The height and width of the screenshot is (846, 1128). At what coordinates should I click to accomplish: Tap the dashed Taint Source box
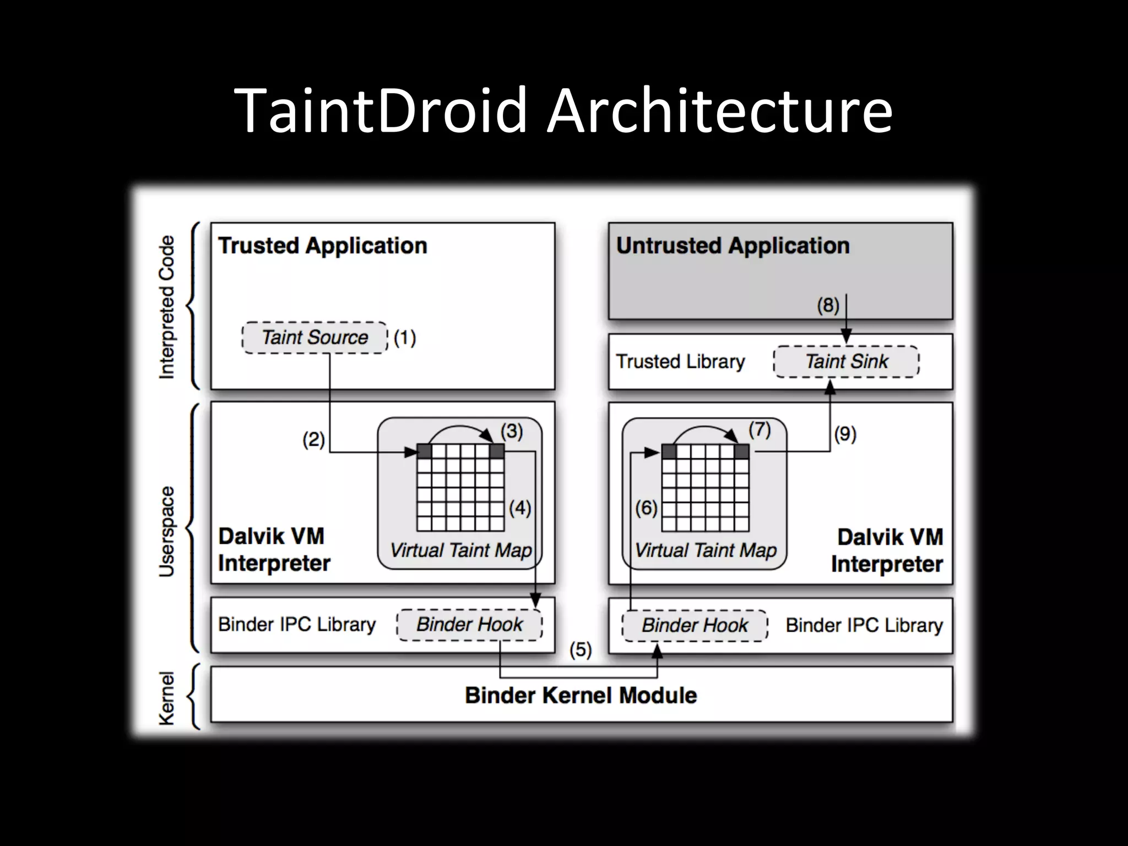[x=314, y=338]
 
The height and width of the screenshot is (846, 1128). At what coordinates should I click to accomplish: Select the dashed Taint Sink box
[x=847, y=362]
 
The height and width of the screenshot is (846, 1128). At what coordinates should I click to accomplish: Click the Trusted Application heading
[x=323, y=246]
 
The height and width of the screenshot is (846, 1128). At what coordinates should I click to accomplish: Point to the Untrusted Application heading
[x=733, y=246]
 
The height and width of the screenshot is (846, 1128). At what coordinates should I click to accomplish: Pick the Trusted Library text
[x=680, y=362]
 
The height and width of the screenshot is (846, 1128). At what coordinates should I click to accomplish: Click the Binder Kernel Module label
[x=581, y=695]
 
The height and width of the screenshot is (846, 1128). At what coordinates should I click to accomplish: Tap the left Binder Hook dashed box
[x=469, y=625]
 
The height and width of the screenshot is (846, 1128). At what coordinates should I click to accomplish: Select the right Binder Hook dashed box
[x=695, y=626]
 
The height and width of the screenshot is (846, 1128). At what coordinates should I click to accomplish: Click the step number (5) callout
[x=581, y=650]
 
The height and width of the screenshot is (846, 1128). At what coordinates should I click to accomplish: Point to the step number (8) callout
[x=828, y=305]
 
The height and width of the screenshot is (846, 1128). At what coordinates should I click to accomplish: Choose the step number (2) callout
[x=313, y=440]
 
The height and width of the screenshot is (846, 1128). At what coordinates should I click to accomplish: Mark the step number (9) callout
[x=845, y=435]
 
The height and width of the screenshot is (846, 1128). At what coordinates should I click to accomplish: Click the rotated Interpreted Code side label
[x=166, y=307]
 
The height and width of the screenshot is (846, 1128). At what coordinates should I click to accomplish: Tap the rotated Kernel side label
[x=166, y=698]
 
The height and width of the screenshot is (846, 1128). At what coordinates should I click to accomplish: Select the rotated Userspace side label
[x=166, y=532]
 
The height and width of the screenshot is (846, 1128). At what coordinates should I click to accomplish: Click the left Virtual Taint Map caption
[x=460, y=550]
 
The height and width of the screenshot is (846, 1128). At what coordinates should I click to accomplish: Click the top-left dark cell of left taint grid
[x=424, y=452]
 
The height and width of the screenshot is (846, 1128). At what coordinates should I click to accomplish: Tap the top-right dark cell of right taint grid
[x=741, y=452]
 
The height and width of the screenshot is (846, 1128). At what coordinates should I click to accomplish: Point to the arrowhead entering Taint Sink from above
[x=847, y=337]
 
